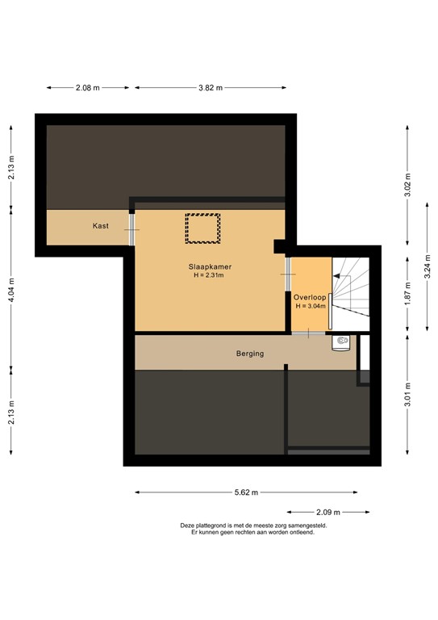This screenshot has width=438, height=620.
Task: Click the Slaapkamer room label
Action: [x=208, y=266]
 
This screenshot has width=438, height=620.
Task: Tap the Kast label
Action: [x=101, y=226]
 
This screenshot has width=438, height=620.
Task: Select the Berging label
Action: [x=249, y=354]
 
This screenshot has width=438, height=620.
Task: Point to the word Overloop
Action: [x=310, y=297]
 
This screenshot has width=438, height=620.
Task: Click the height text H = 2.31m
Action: [x=208, y=275]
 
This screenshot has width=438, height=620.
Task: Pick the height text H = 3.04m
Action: [x=311, y=307]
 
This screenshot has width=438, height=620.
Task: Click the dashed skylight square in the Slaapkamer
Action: [x=202, y=228]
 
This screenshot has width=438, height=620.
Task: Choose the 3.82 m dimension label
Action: [x=210, y=88]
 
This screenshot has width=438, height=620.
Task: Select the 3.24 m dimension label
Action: [x=428, y=266]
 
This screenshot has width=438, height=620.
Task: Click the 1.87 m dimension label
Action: [x=407, y=296]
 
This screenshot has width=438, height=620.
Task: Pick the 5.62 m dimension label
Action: [x=252, y=491]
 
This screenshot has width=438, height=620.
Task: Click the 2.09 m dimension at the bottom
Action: [x=328, y=512]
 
